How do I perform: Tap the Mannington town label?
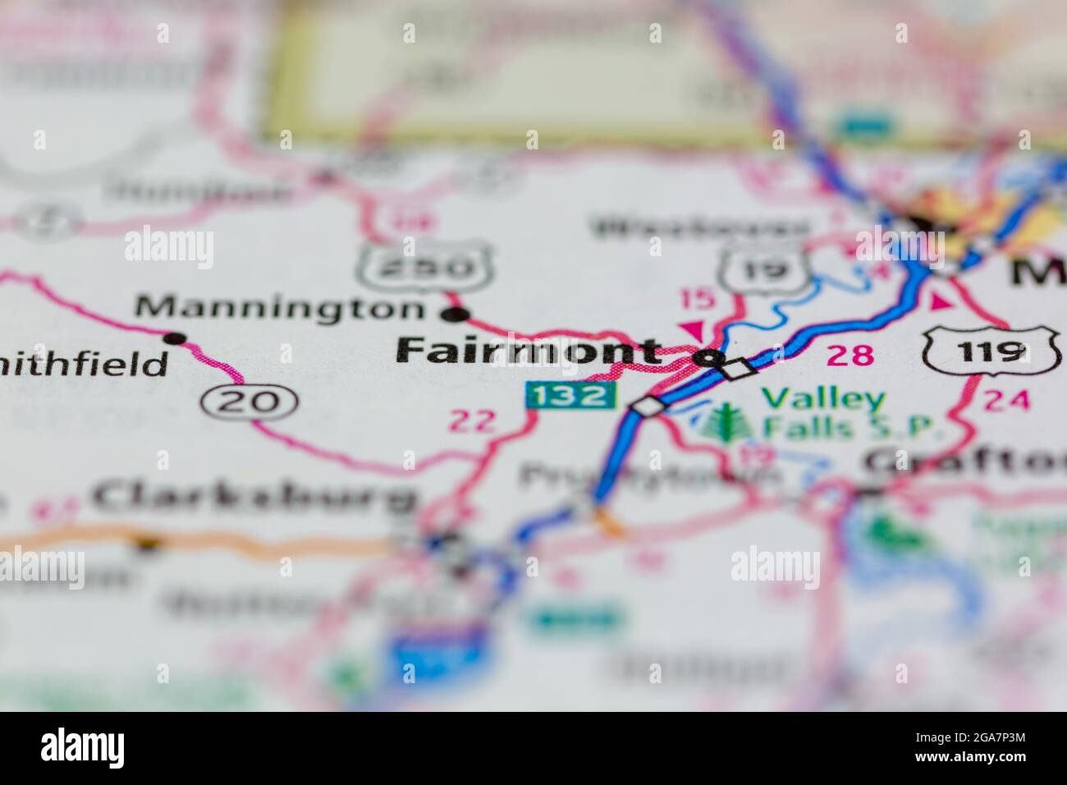click(x=279, y=308)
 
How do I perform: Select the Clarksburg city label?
click(x=254, y=495)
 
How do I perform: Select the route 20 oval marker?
click(x=249, y=402)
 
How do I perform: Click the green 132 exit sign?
click(x=570, y=397)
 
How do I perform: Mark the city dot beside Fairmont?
click(x=708, y=358)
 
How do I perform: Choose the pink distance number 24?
click(x=1005, y=401)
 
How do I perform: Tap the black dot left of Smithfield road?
click(x=173, y=337)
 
